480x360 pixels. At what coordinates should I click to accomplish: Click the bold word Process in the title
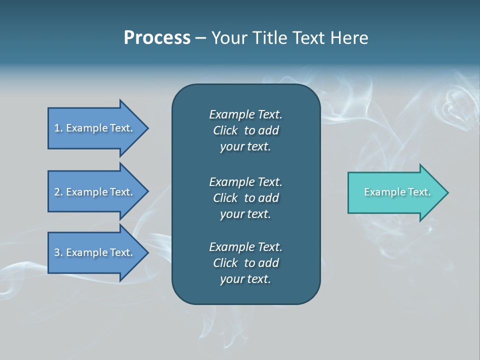pyautogui.click(x=157, y=38)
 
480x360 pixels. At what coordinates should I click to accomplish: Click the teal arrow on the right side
pyautogui.click(x=395, y=192)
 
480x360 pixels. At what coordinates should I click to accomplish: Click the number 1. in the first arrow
pyautogui.click(x=58, y=128)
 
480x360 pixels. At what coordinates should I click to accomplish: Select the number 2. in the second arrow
pyautogui.click(x=58, y=192)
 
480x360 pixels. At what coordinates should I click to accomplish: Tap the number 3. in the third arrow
pyautogui.click(x=58, y=252)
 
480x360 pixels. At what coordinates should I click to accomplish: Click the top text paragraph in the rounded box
pyautogui.click(x=245, y=130)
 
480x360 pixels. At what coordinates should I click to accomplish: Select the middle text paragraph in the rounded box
pyautogui.click(x=245, y=197)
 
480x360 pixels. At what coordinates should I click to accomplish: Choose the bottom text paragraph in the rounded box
pyautogui.click(x=245, y=263)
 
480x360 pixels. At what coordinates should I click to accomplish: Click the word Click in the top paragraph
pyautogui.click(x=225, y=131)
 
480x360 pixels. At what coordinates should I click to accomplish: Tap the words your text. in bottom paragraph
pyautogui.click(x=245, y=279)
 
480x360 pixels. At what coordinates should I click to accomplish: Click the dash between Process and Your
pyautogui.click(x=200, y=38)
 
